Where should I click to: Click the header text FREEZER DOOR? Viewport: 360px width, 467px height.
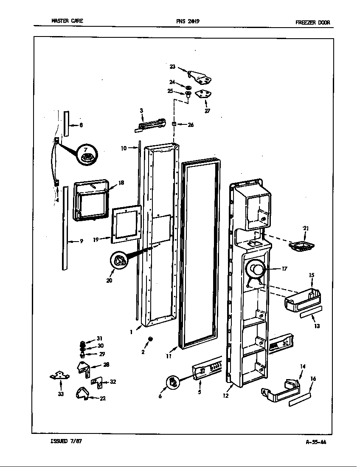click(x=312, y=23)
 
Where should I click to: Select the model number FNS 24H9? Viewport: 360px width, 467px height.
click(x=187, y=21)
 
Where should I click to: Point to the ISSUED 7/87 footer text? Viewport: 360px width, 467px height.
click(x=66, y=441)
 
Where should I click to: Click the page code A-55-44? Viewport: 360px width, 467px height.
click(x=316, y=442)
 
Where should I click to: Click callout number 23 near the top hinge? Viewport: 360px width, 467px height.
click(x=172, y=66)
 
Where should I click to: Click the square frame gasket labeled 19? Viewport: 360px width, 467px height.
click(x=126, y=225)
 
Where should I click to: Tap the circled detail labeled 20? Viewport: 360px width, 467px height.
click(x=120, y=261)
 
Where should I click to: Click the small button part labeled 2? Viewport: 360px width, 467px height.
click(x=150, y=339)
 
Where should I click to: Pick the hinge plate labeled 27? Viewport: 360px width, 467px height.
click(x=205, y=96)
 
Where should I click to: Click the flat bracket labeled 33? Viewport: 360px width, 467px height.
click(x=59, y=375)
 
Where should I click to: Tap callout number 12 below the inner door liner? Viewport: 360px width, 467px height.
click(x=225, y=396)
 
